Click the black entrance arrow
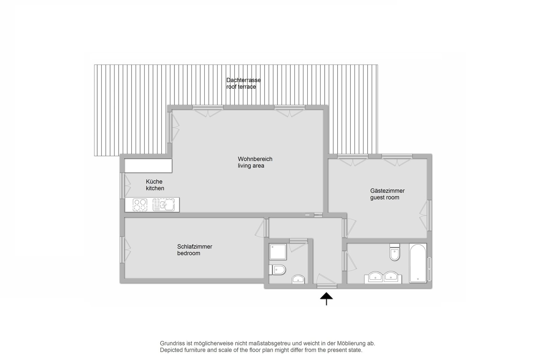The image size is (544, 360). click(x=326, y=298)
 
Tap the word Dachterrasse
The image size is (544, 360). click(x=243, y=80)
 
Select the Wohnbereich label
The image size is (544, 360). click(x=255, y=159)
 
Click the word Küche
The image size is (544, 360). click(x=154, y=182)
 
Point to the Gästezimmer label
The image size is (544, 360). click(x=387, y=191)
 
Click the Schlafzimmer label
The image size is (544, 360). click(x=195, y=247)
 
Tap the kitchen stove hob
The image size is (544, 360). click(x=140, y=205)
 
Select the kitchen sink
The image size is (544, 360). click(x=164, y=205)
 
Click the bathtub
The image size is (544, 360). click(x=418, y=263)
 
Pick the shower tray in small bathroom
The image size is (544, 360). click(x=278, y=252)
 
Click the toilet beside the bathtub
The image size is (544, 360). click(x=395, y=252)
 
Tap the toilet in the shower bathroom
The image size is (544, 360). click(x=277, y=270)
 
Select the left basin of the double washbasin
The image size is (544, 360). click(x=375, y=276)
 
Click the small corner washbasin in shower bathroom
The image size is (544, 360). click(x=298, y=279)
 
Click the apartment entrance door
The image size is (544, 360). click(x=327, y=281)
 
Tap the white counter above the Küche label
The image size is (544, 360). click(x=148, y=166)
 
